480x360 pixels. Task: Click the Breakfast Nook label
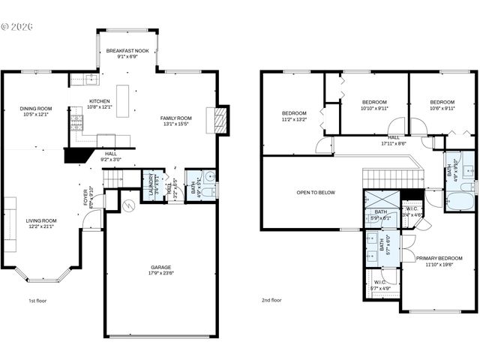click(127, 52)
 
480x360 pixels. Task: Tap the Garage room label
click(160, 270)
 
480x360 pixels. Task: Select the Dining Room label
click(35, 111)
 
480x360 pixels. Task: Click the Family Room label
click(176, 121)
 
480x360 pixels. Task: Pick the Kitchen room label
click(100, 103)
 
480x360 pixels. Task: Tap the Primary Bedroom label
click(439, 260)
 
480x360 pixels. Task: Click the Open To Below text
click(315, 193)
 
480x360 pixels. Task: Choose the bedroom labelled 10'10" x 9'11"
click(374, 104)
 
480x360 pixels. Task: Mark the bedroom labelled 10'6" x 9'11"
click(442, 104)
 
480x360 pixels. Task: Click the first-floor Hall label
click(110, 156)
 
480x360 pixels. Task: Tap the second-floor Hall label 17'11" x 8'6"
click(393, 140)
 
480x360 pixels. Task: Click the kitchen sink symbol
click(90, 78)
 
